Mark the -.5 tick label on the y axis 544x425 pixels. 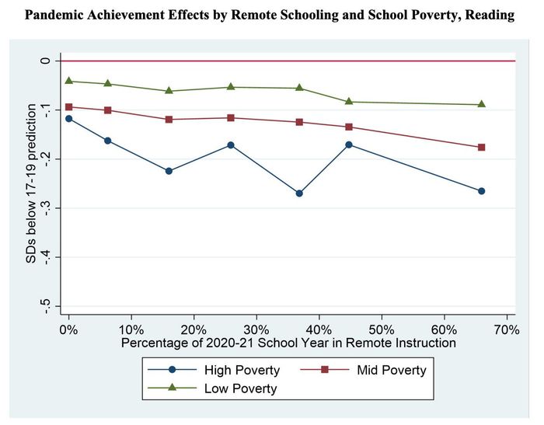tap(46, 305)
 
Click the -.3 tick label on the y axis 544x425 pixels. tap(46, 207)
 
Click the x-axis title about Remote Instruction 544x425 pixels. tap(288, 342)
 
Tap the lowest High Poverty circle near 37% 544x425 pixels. tap(299, 193)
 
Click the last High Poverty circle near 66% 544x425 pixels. tap(482, 191)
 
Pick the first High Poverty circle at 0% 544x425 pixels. tap(69, 119)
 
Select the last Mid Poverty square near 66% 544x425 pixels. tap(482, 148)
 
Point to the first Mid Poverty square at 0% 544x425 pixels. tap(69, 107)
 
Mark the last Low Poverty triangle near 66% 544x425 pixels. tap(482, 104)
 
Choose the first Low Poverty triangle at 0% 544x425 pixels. tap(69, 81)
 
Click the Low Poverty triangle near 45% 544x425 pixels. tap(349, 102)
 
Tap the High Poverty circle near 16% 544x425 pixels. tap(169, 171)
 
